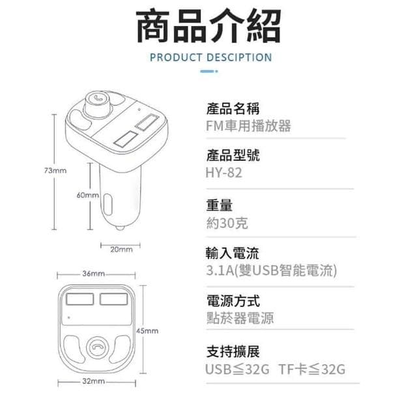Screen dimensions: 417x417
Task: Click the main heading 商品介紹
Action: point(208,27)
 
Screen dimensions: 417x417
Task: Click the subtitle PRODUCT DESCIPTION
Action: point(210,57)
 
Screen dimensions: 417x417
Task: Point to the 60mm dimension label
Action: point(87,195)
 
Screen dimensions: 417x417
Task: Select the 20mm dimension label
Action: point(121,249)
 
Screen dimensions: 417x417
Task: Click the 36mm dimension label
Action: point(94,274)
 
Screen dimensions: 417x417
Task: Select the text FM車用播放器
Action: point(248,126)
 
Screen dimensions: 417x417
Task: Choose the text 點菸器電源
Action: point(240,319)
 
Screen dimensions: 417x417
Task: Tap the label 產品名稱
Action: point(233,108)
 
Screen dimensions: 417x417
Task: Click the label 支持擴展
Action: point(233,352)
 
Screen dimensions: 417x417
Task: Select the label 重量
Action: point(219,206)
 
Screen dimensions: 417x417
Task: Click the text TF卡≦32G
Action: point(311,370)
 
